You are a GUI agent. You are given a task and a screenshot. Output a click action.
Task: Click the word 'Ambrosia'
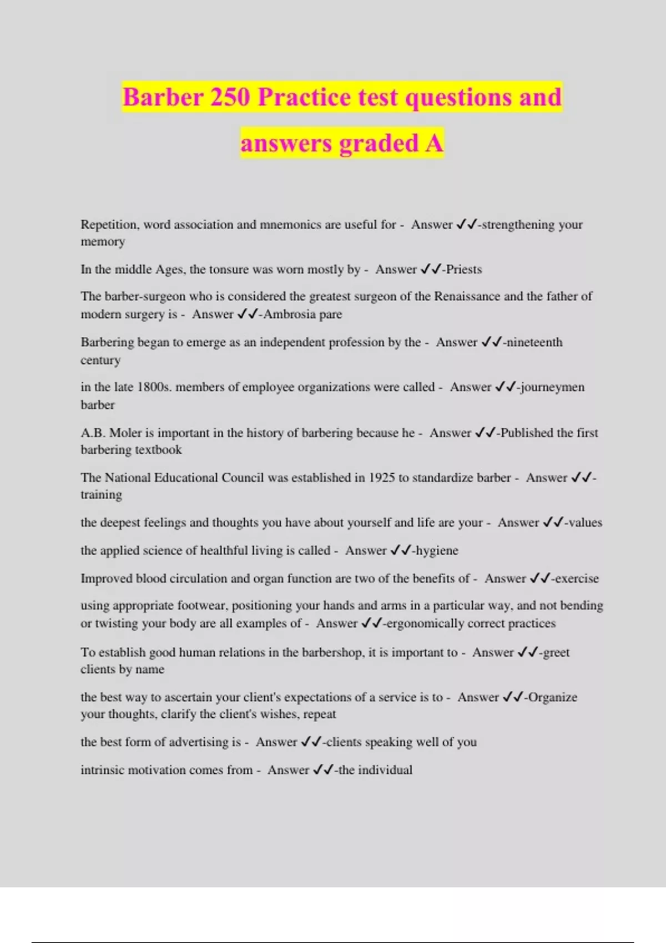pyautogui.click(x=289, y=315)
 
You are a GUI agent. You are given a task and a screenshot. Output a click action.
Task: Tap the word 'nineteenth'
pyautogui.click(x=534, y=342)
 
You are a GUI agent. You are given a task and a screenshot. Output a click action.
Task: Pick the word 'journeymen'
pyautogui.click(x=552, y=387)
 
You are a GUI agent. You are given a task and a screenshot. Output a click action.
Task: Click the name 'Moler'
pyautogui.click(x=125, y=433)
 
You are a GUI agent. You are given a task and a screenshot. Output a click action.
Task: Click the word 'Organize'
pyautogui.click(x=553, y=697)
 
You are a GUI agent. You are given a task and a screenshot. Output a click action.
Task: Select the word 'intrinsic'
pyautogui.click(x=102, y=770)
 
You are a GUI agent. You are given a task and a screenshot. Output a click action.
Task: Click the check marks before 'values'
pyautogui.click(x=553, y=523)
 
